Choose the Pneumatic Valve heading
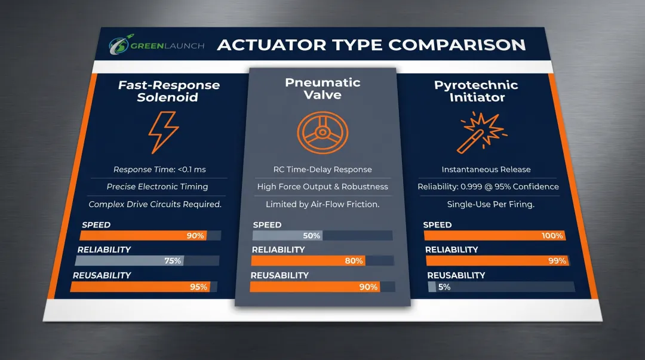[322, 88]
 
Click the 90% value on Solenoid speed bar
[195, 236]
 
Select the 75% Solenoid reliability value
[173, 261]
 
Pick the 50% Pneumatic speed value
[312, 236]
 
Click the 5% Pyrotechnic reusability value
[444, 287]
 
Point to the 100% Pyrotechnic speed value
[552, 236]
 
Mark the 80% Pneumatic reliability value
[354, 261]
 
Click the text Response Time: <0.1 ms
[159, 170]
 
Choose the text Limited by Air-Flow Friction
[322, 204]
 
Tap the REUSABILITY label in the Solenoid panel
[102, 275]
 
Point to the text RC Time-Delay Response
[322, 170]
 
